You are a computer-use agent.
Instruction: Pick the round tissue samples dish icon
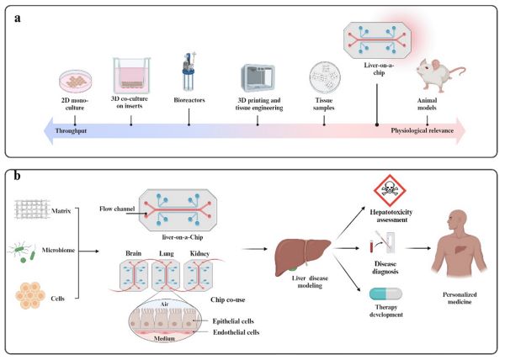coord(326,80)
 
